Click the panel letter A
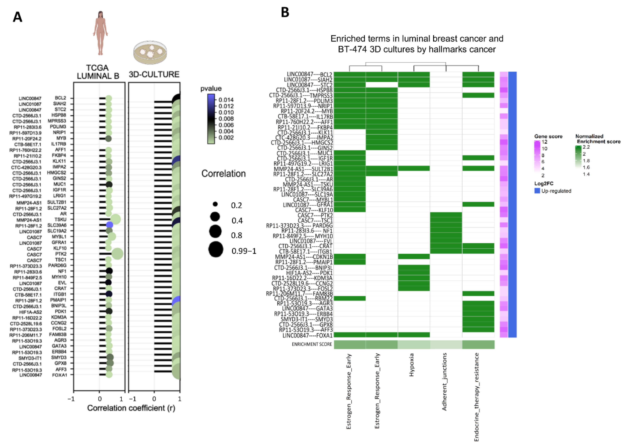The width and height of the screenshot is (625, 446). [17, 17]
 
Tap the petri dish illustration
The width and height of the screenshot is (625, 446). [150, 52]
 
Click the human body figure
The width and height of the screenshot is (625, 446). [100, 33]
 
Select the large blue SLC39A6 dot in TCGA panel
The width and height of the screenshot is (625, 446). [109, 225]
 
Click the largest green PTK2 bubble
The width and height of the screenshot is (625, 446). [117, 254]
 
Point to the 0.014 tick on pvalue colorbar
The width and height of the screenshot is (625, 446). [226, 100]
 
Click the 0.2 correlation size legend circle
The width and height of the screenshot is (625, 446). [215, 204]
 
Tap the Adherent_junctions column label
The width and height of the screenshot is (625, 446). [444, 382]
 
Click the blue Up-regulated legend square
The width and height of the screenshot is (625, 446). [537, 191]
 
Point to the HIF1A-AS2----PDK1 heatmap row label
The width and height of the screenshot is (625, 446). [309, 273]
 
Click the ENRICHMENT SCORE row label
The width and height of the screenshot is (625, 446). [312, 344]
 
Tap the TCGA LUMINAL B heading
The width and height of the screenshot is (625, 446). [98, 72]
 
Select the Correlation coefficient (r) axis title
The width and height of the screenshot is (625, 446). [131, 408]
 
